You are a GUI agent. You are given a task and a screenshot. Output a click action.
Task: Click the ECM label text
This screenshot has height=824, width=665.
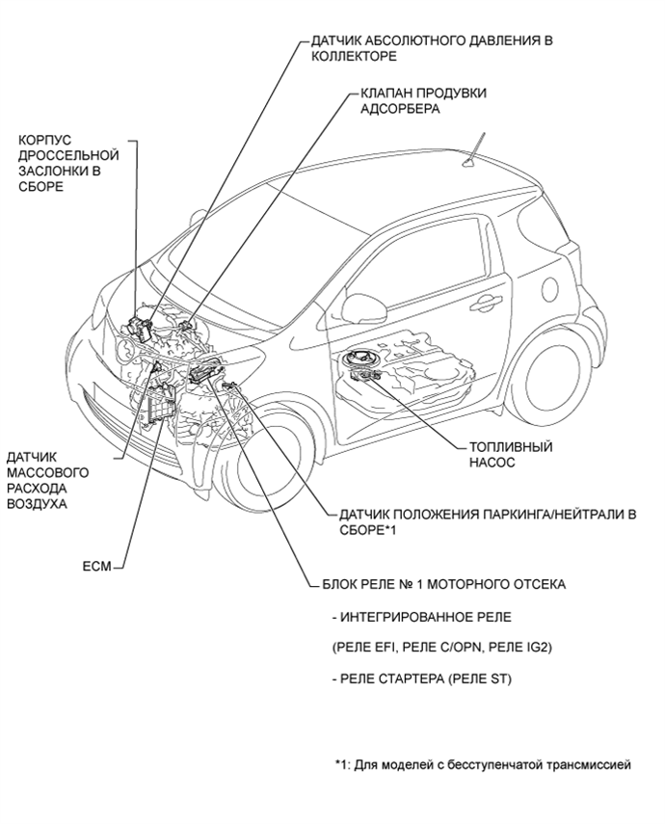(97, 567)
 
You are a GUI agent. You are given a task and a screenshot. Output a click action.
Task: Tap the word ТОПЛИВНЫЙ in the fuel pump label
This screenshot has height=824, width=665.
(511, 447)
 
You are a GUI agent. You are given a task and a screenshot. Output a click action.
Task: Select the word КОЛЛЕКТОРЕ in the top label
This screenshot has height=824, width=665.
(354, 56)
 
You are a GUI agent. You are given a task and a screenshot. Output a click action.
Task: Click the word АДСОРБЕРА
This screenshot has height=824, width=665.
(400, 109)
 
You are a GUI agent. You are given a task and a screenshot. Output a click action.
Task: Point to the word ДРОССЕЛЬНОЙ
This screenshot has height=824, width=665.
(68, 155)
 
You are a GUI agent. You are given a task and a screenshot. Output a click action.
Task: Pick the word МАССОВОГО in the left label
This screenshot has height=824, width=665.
(48, 472)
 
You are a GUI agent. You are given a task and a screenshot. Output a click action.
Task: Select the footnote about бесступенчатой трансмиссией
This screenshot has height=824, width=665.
(483, 764)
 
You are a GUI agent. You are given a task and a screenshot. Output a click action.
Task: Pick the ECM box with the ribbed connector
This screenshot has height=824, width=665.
(159, 405)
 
